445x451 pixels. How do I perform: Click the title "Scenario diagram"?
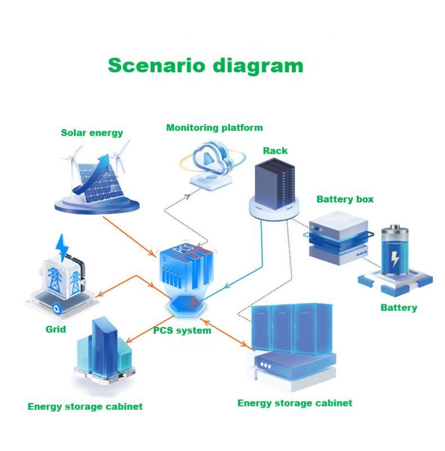click(x=206, y=65)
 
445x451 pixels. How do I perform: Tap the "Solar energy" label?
click(x=92, y=133)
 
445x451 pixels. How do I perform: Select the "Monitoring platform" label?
click(x=214, y=128)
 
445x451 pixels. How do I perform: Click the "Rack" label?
click(x=275, y=151)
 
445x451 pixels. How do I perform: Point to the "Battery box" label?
click(x=345, y=199)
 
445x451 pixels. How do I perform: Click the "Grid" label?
click(x=56, y=329)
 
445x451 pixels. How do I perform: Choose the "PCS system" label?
click(x=182, y=330)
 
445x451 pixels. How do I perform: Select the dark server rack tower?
click(x=274, y=183)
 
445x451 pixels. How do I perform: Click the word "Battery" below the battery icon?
click(x=398, y=308)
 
